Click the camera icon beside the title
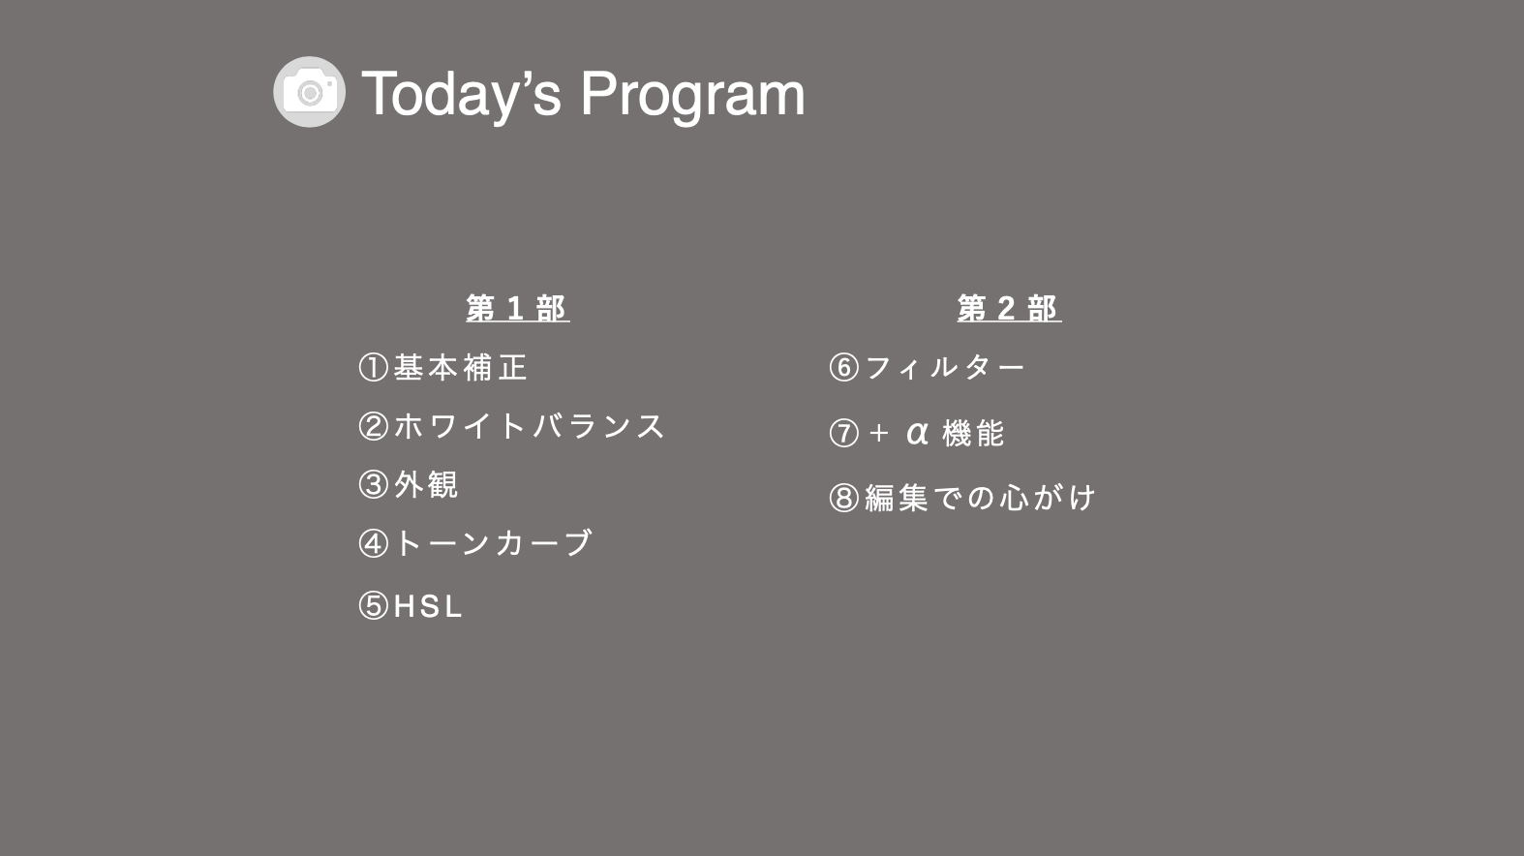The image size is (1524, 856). pyautogui.click(x=310, y=92)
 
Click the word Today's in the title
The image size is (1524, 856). pyautogui.click(x=462, y=95)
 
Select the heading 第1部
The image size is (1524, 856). pyautogui.click(x=518, y=308)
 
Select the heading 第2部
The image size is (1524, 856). pyautogui.click(x=1009, y=308)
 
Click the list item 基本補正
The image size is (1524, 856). pyautogui.click(x=461, y=367)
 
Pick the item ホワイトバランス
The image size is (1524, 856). pyautogui.click(x=529, y=427)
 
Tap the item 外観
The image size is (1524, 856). pyautogui.click(x=426, y=485)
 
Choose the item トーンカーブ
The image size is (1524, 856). pyautogui.click(x=493, y=543)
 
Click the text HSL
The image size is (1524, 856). pyautogui.click(x=428, y=606)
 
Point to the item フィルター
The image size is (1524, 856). pyautogui.click(x=944, y=367)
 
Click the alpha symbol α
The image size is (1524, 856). pyautogui.click(x=917, y=433)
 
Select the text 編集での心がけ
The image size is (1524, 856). pyautogui.click(x=980, y=498)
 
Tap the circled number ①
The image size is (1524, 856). pyautogui.click(x=374, y=367)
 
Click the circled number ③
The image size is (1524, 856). pyautogui.click(x=374, y=485)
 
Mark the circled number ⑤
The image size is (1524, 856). pyautogui.click(x=374, y=605)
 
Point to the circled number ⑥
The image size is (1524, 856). pyautogui.click(x=844, y=367)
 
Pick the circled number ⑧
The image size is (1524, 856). pyautogui.click(x=844, y=498)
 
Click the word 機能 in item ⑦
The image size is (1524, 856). pyautogui.click(x=973, y=434)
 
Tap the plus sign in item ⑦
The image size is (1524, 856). pyautogui.click(x=879, y=434)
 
